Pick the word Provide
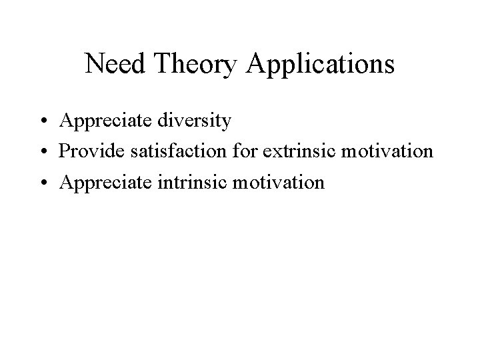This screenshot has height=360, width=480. [89, 151]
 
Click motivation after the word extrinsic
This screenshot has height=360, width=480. [387, 151]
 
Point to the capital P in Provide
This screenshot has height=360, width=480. [64, 151]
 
